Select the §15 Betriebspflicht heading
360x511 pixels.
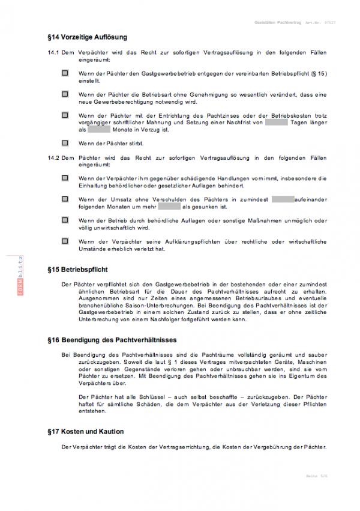point(77,270)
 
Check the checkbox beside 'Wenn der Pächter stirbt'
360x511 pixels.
point(65,144)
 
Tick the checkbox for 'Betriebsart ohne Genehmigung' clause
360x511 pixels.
point(65,94)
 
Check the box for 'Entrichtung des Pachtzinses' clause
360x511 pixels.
point(65,115)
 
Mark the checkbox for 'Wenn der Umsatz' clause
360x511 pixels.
point(65,199)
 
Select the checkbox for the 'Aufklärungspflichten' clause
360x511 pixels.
point(65,241)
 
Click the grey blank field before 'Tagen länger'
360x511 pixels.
point(277,122)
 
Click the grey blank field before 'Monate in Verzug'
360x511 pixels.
point(99,129)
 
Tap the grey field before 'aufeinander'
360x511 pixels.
point(282,199)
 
